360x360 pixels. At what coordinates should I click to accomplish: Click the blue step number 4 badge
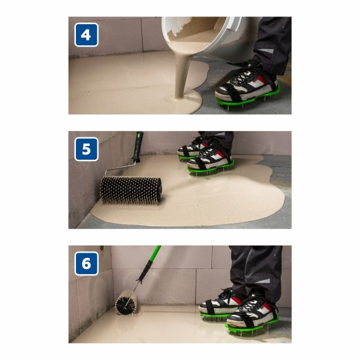coord(86,35)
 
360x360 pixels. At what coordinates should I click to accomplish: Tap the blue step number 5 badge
coord(86,149)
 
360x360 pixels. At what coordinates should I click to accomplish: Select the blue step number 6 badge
coord(86,263)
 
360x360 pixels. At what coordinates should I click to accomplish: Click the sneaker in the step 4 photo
coord(247,82)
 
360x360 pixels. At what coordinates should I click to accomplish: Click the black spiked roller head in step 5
coord(131,189)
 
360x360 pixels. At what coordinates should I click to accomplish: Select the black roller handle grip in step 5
coord(137,147)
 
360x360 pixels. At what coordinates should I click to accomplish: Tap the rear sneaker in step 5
coord(192,148)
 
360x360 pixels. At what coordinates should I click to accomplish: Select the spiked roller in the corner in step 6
coord(126,302)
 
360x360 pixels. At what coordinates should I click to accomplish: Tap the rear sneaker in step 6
coord(219,302)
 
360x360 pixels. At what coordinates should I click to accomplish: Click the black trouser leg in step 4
coord(272,44)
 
